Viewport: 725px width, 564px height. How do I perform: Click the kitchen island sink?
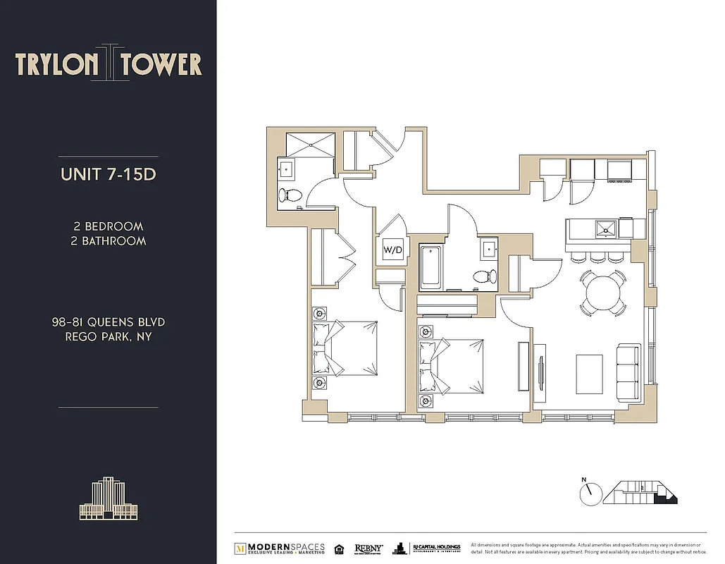[x=606, y=228]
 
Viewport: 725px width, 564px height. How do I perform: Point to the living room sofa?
[x=627, y=372]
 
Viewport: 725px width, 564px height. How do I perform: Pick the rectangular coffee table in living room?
[x=589, y=374]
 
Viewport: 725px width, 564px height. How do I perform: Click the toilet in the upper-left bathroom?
[x=290, y=195]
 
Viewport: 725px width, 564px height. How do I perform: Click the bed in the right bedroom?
[x=451, y=367]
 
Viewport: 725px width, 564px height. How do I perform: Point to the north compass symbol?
[x=590, y=493]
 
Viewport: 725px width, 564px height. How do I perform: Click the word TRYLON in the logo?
[x=57, y=64]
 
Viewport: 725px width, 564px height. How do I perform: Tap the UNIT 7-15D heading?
[x=108, y=174]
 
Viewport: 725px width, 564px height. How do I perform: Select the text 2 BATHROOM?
[x=109, y=241]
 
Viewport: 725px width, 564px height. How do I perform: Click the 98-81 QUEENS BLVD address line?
[x=109, y=322]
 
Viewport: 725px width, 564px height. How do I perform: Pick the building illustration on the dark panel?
[x=109, y=500]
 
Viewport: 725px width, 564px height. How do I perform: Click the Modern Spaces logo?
[x=280, y=548]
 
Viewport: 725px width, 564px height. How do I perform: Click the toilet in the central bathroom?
[x=483, y=276]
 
